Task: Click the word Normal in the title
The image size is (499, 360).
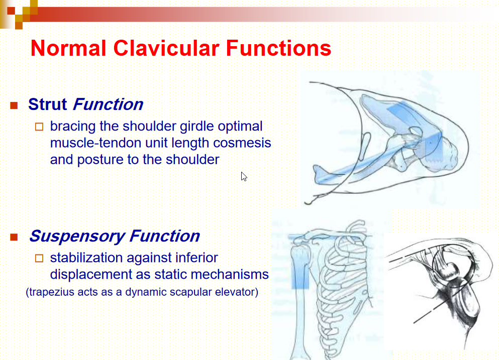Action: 68,48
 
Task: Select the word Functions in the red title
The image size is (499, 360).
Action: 279,48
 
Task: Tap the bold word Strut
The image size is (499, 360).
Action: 47,104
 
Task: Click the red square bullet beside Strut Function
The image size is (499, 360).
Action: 14,105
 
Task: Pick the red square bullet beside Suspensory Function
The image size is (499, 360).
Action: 14,237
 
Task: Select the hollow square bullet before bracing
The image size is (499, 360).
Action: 39,127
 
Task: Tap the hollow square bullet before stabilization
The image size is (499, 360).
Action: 39,258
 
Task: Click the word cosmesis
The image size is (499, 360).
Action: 242,143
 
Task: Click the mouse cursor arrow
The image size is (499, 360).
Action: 244,177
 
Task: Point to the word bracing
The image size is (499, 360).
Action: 73,127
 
